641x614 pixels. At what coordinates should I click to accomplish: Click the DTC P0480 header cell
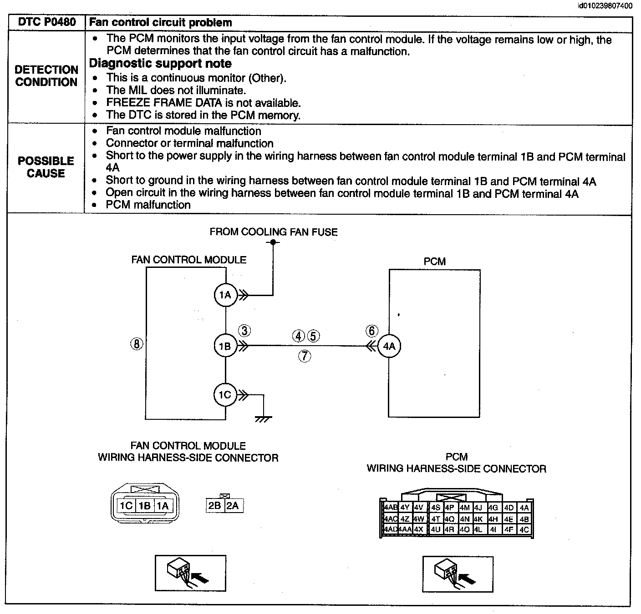point(46,22)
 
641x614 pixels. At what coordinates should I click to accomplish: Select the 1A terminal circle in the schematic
point(226,295)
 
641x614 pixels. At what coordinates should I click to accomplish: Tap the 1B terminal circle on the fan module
point(226,346)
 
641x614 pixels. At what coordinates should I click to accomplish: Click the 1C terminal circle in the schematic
point(225,394)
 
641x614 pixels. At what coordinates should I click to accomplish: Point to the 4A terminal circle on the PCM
point(389,346)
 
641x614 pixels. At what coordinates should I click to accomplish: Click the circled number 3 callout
point(244,330)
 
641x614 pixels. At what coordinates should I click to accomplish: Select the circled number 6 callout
point(372,331)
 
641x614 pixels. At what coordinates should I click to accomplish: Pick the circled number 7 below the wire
point(305,356)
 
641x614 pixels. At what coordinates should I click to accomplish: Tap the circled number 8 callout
point(137,344)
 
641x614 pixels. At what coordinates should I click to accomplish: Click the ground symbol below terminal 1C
point(263,419)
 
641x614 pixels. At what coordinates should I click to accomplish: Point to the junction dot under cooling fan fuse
point(273,242)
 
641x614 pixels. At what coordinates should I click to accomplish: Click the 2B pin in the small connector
point(215,505)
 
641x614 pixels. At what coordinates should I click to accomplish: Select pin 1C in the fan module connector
point(126,505)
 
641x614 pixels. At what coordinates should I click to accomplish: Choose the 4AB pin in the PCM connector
point(391,508)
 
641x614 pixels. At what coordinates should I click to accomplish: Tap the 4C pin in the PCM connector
point(524,530)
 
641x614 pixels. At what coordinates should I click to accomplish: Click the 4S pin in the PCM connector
point(436,508)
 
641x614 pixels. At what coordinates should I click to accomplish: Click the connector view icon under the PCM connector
point(458,574)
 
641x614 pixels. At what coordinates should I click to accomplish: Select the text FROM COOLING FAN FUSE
point(274,232)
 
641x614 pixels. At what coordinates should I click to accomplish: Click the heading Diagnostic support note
point(160,63)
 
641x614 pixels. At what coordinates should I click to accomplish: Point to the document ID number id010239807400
point(605,6)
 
